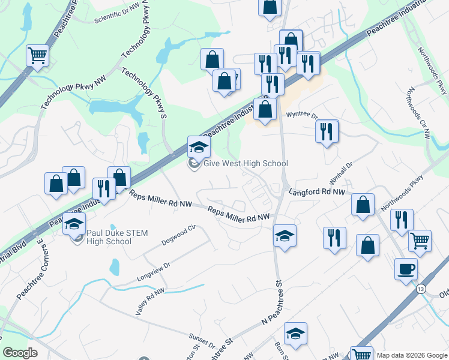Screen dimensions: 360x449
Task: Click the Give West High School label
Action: tap(246, 164)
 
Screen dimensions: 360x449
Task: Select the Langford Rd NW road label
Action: tap(317, 193)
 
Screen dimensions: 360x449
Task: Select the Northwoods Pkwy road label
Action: tap(402, 193)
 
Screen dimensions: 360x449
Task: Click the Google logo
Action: tap(20, 353)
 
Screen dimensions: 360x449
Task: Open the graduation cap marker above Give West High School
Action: tap(199, 146)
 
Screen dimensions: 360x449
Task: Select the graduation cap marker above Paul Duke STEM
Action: tap(74, 224)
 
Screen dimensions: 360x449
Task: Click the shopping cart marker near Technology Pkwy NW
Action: tap(37, 56)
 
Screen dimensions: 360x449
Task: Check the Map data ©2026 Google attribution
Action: tap(412, 355)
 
